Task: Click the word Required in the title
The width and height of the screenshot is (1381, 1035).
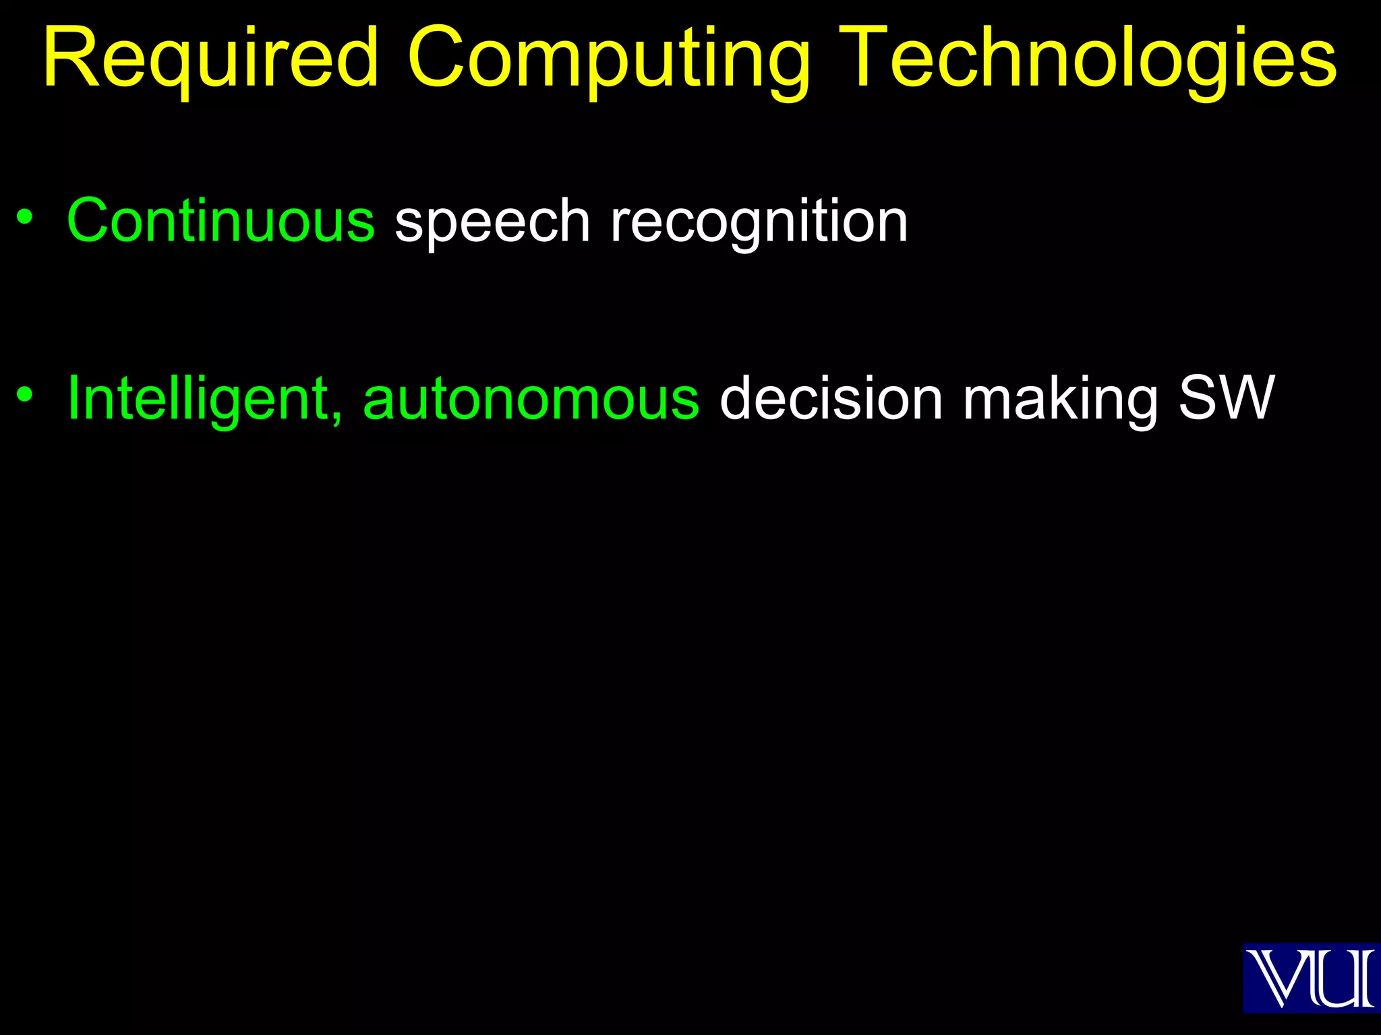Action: [x=211, y=59]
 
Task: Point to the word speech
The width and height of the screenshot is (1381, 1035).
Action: [x=492, y=222]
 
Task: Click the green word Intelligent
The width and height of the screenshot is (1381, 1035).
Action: [x=200, y=399]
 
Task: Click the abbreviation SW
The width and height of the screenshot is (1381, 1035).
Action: [x=1227, y=398]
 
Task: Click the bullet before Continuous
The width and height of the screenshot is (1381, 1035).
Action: [x=25, y=217]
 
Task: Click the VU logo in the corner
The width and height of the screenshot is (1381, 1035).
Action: [x=1311, y=978]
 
